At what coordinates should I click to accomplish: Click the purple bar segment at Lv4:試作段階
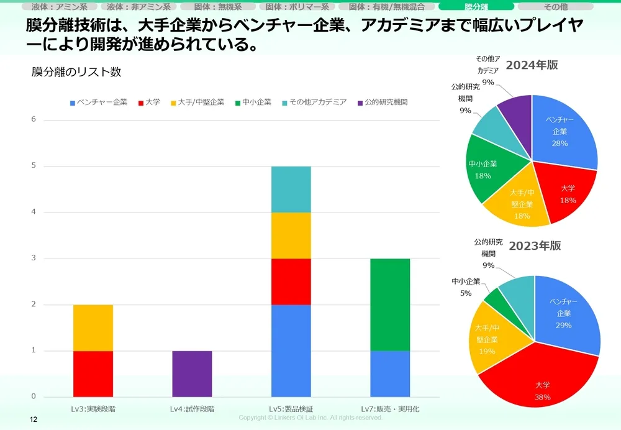tap(192, 373)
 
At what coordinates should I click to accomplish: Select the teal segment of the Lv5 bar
tap(291, 189)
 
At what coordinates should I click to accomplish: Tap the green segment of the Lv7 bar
tap(390, 304)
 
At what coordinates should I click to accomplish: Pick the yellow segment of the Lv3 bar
tap(93, 327)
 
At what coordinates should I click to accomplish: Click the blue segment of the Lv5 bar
tap(291, 350)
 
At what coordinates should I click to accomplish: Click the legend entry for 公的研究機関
tap(381, 102)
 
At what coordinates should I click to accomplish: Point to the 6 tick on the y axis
tap(34, 119)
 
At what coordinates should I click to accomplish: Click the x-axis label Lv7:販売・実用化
tap(390, 409)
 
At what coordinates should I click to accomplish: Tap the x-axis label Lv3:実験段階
tap(93, 409)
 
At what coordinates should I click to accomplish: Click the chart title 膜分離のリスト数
tap(76, 72)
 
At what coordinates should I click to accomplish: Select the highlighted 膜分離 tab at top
tap(476, 7)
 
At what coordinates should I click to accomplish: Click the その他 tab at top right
tap(555, 7)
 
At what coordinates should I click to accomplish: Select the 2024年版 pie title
tap(532, 65)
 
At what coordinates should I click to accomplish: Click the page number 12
tap(34, 421)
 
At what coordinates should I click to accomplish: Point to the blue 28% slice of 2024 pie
tap(562, 130)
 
